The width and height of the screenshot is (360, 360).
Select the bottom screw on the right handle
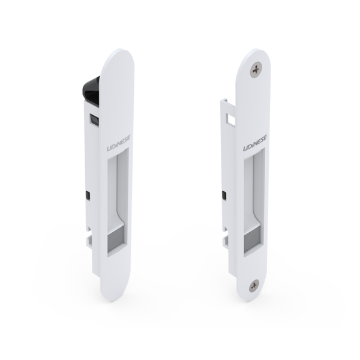pyautogui.click(x=254, y=287)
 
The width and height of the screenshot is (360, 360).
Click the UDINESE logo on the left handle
pyautogui.click(x=118, y=143)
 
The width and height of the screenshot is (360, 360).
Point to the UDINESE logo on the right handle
pyautogui.click(x=255, y=143)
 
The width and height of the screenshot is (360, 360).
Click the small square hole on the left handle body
pyautogui.click(x=93, y=119)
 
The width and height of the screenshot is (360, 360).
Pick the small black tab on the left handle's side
pyautogui.click(x=87, y=196)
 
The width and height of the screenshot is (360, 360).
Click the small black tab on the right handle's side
pyautogui.click(x=224, y=196)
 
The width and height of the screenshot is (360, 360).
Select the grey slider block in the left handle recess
pyautogui.click(x=116, y=238)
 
